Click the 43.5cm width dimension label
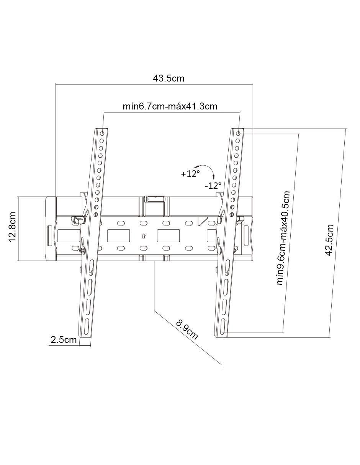tap(168, 78)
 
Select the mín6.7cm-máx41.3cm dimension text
tap(170, 106)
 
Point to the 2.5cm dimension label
tap(64, 339)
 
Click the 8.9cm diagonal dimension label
tap(187, 330)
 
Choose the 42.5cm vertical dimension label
tap(329, 240)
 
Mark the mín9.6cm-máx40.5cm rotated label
tap(283, 238)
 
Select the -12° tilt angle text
tap(213, 186)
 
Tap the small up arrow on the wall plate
tap(143, 236)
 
